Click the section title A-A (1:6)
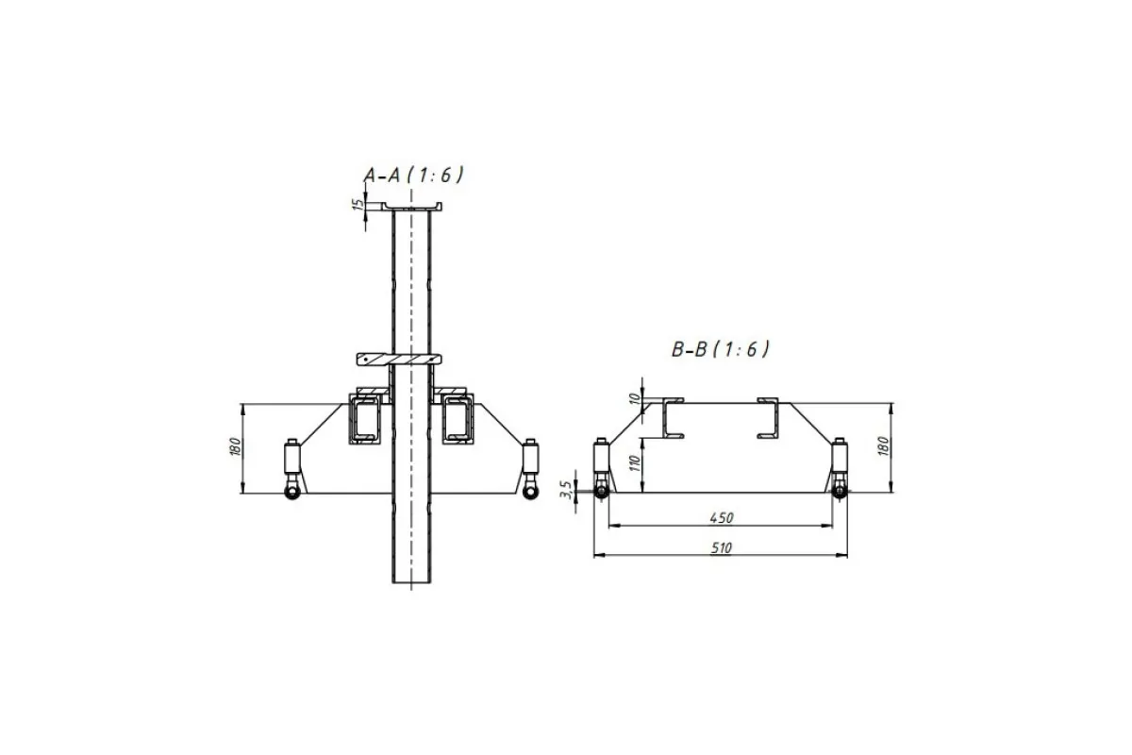[x=413, y=175]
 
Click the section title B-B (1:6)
[x=721, y=349]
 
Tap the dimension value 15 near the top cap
[x=358, y=204]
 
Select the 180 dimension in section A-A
[x=236, y=447]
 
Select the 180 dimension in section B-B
[x=883, y=446]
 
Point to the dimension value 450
[x=721, y=518]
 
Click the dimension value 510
[x=721, y=547]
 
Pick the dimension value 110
[x=635, y=462]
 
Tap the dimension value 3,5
[x=566, y=490]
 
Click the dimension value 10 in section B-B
[x=635, y=399]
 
